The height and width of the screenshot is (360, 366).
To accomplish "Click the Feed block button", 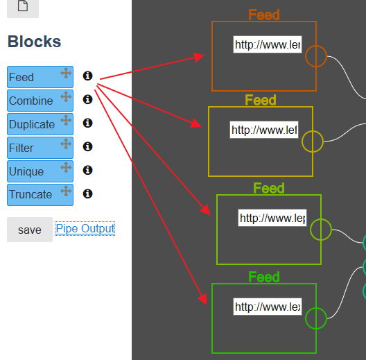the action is pos(40,77).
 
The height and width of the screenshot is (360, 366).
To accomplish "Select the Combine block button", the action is pos(40,101).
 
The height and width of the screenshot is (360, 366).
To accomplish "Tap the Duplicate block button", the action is pos(40,124).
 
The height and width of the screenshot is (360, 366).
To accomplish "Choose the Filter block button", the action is pos(40,148).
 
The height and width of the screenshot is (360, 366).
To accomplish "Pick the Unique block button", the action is pos(40,171).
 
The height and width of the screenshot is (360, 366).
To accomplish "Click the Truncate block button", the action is pos(40,195).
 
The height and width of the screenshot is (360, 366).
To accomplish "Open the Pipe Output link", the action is pos(85,228).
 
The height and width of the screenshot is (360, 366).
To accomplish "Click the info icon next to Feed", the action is pos(88,76).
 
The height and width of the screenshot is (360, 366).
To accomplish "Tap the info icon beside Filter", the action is pos(88,147).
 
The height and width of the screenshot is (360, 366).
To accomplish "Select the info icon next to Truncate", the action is pos(88,194).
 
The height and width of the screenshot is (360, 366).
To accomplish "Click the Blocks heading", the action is pos(35,42).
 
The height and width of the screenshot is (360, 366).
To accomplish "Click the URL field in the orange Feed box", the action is pos(268,44).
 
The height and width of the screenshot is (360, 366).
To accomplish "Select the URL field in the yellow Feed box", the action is pos(264,130).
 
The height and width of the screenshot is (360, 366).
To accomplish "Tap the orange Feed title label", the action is pos(264,15).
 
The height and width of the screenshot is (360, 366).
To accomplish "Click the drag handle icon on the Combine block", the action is pos(66,96).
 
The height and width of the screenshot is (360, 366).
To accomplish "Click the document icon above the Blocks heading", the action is pos(23,6).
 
